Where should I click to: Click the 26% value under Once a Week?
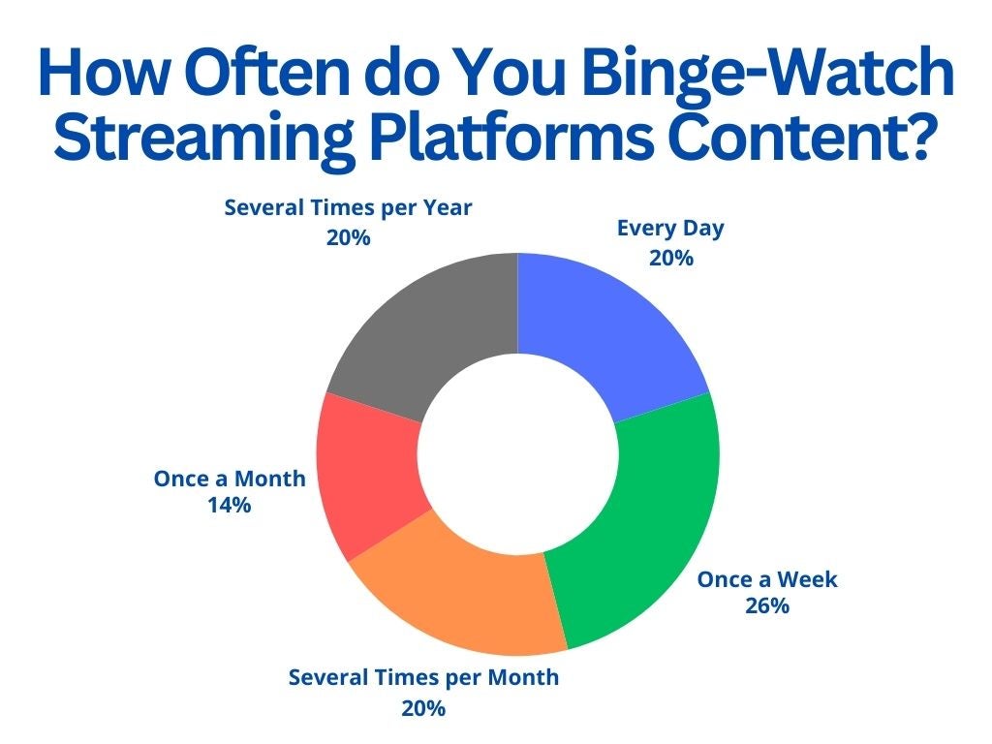coord(767,606)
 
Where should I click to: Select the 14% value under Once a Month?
coord(229,506)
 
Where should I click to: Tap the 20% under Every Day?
coord(671,258)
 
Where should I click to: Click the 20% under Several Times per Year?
coord(348,238)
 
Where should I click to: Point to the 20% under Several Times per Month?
coord(423,708)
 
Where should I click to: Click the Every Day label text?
coord(670,229)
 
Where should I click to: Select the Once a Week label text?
coord(767,579)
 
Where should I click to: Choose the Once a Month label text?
coord(230,479)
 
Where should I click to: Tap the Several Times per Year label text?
coord(348,209)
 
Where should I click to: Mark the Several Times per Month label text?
coord(424,678)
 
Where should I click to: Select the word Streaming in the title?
coord(203,140)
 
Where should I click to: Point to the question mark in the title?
coord(916,134)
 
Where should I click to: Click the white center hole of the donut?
coord(517,454)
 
